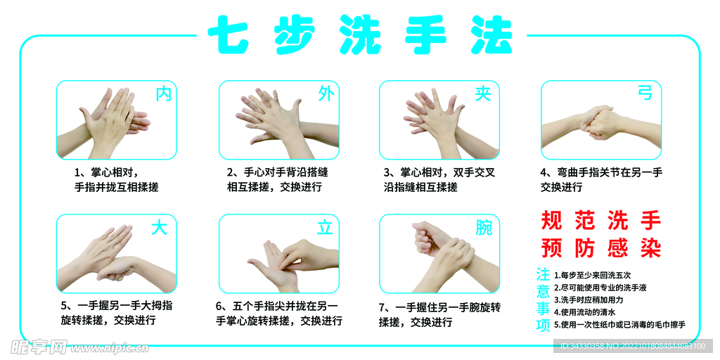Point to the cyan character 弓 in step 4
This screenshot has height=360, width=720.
[x=645, y=93]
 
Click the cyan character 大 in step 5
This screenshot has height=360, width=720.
[x=160, y=227]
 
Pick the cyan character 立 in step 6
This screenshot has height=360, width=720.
[x=325, y=227]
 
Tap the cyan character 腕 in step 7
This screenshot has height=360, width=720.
[x=484, y=227]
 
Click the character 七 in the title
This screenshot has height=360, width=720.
[x=229, y=35]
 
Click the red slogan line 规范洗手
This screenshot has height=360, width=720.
[x=601, y=220]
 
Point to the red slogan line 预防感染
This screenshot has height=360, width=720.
[x=601, y=248]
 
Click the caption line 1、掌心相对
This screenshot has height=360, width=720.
[x=106, y=173]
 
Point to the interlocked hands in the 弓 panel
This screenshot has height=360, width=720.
[x=600, y=123]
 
